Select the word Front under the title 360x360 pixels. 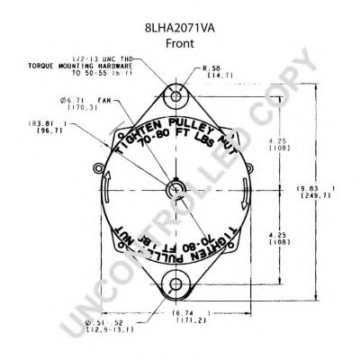click(x=179, y=27)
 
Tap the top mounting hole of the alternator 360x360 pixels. click(x=177, y=96)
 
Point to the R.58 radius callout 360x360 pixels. click(x=212, y=68)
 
